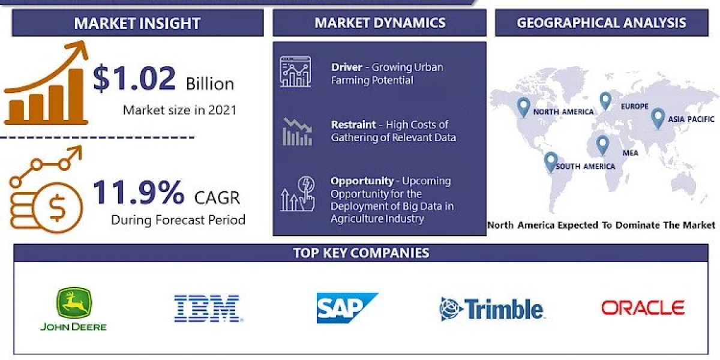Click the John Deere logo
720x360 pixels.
pyautogui.click(x=73, y=309)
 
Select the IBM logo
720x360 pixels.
pyautogui.click(x=207, y=308)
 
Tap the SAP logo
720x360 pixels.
pyautogui.click(x=347, y=308)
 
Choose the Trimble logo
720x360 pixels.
pyautogui.click(x=491, y=309)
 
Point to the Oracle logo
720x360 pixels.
pyautogui.click(x=643, y=308)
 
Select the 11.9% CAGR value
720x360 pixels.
pyautogui.click(x=139, y=193)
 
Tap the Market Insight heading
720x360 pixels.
pyautogui.click(x=137, y=23)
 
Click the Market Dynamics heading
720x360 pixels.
pyautogui.click(x=380, y=23)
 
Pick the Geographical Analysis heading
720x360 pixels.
pyautogui.click(x=601, y=23)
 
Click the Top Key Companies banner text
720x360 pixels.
pyautogui.click(x=361, y=253)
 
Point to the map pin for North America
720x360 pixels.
pyautogui.click(x=523, y=107)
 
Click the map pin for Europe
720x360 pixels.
pyautogui.click(x=605, y=100)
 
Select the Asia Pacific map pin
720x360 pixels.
pyautogui.click(x=658, y=117)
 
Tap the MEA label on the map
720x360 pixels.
pyautogui.click(x=630, y=153)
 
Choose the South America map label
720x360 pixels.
pyautogui.click(x=585, y=166)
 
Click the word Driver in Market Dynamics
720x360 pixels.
pyautogui.click(x=347, y=67)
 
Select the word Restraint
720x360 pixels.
pyautogui.click(x=353, y=125)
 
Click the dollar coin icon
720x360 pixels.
pyautogui.click(x=58, y=208)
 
